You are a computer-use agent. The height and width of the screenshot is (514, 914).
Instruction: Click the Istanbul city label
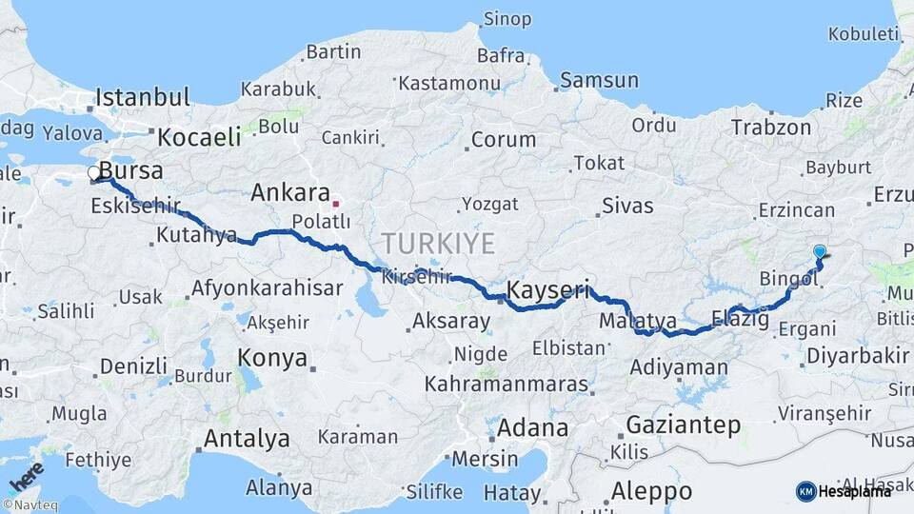point(143,97)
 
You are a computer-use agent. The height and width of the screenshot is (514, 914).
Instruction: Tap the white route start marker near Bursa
point(94,173)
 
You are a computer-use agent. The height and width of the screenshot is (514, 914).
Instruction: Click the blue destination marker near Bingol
point(820,252)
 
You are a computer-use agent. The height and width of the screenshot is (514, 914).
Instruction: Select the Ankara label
point(289,193)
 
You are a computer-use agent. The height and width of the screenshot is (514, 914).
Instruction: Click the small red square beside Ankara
point(335,203)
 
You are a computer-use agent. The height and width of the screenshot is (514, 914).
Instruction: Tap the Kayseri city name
point(548,288)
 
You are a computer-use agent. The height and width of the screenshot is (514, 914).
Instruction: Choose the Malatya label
point(637,322)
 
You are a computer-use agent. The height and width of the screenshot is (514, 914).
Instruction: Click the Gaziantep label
point(683,425)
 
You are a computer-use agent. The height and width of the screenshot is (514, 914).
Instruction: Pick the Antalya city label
point(247,439)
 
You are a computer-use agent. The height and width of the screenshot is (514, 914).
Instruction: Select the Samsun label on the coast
point(599,81)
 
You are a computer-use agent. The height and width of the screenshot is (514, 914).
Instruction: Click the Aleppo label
point(651,491)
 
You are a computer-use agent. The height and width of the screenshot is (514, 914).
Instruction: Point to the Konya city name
point(272,359)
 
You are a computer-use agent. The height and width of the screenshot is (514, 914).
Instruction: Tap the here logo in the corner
point(26,475)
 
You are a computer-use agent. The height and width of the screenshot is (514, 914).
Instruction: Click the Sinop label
point(507,19)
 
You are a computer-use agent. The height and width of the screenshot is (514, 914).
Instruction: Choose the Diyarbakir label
point(857,356)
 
